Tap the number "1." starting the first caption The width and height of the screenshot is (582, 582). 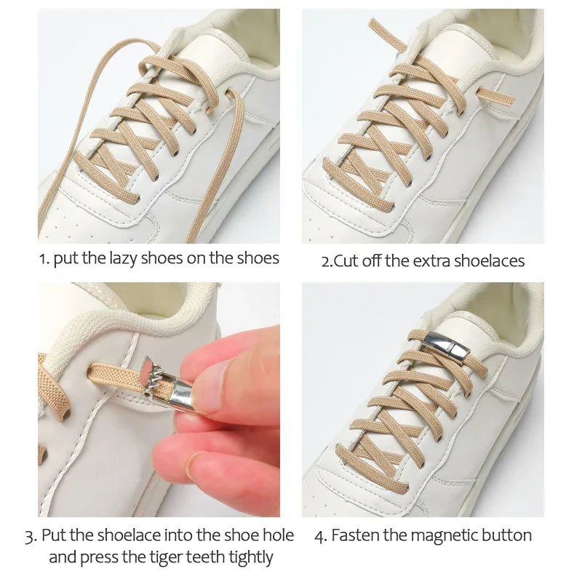click(x=44, y=259)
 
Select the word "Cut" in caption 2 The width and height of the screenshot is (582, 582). click(x=346, y=261)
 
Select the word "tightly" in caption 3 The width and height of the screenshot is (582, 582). click(x=246, y=558)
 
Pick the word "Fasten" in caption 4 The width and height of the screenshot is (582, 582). click(x=354, y=536)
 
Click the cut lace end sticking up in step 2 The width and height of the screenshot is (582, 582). click(x=387, y=34)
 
